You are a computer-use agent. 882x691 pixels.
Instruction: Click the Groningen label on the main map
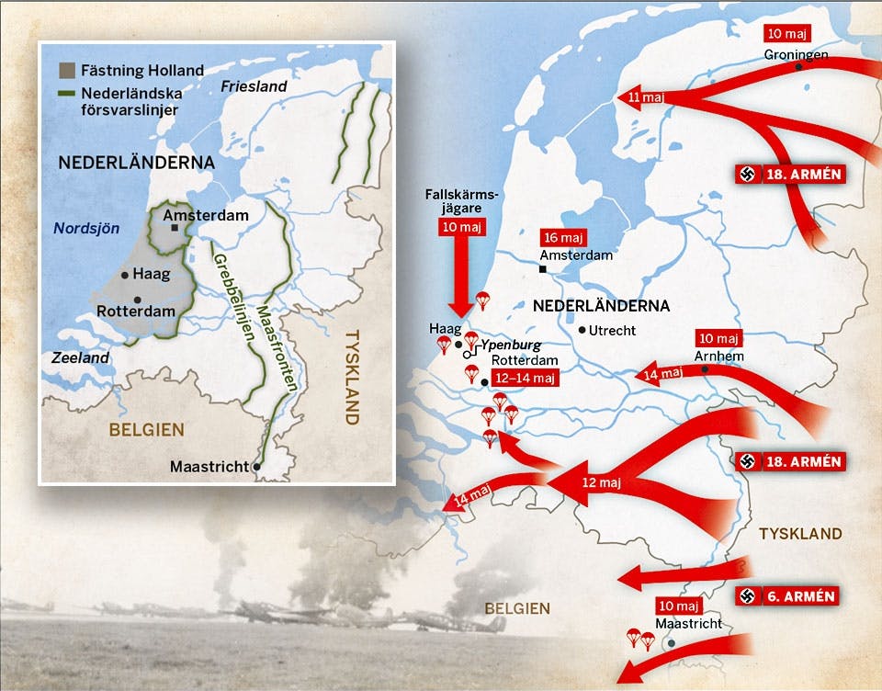[796, 55]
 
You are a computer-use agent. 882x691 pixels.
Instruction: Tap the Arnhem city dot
[705, 369]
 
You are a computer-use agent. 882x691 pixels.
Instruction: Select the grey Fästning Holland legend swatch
[65, 70]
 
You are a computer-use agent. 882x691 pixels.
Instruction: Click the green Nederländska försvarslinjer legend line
[65, 93]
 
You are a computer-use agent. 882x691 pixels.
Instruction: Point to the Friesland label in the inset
[254, 86]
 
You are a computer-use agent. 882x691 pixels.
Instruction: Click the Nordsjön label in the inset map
[86, 229]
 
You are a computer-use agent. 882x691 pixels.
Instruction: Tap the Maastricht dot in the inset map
[256, 467]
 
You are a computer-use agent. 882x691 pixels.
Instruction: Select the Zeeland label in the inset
[80, 357]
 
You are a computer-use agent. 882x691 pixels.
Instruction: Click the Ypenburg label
[510, 344]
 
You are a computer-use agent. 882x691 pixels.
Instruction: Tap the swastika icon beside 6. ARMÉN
[748, 596]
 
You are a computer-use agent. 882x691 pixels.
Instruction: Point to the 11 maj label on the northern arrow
[646, 96]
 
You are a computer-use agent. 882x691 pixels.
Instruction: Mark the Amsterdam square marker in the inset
[175, 227]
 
